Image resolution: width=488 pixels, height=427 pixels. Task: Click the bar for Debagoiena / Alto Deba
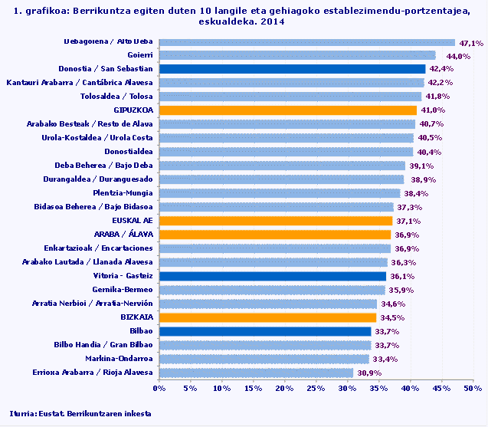307,42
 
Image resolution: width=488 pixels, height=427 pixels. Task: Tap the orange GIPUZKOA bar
288,110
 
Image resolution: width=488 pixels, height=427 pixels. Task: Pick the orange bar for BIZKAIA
268,317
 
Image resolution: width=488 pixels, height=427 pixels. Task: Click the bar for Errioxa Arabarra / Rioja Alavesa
257,373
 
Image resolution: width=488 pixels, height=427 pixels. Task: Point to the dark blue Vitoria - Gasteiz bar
273,276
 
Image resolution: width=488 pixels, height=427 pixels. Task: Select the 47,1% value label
470,44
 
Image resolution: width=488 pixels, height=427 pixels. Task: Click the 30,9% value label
368,373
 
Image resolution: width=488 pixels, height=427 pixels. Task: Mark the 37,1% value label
408,222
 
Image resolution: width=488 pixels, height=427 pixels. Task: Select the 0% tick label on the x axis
160,389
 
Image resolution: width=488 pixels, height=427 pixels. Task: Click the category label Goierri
139,55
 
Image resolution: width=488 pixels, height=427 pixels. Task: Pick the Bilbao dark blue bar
265,331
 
